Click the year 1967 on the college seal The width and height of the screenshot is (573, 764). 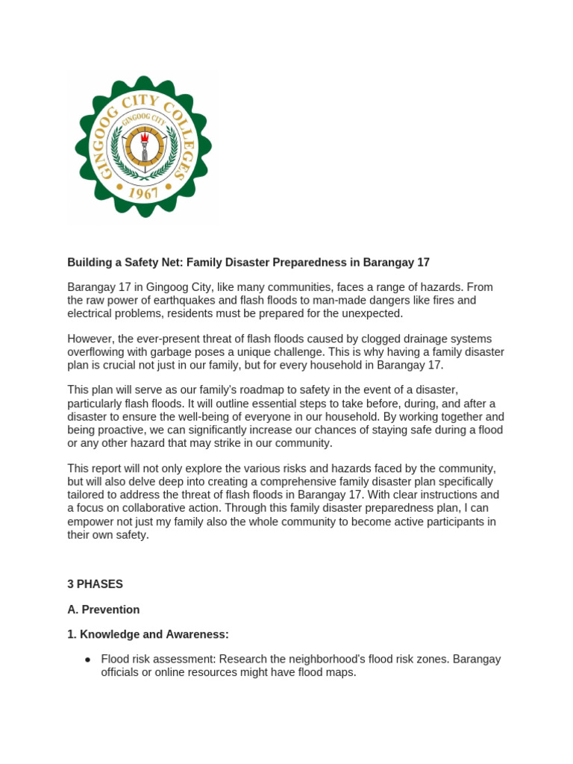pos(143,193)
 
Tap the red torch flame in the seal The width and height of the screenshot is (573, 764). pos(143,137)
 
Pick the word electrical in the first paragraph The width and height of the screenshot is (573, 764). pos(93,313)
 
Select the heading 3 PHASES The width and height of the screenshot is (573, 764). pos(95,584)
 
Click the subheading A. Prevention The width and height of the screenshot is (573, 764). pos(104,610)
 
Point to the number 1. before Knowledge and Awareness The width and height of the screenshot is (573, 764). pos(72,634)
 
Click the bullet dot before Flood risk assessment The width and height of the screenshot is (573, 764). pos(87,660)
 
